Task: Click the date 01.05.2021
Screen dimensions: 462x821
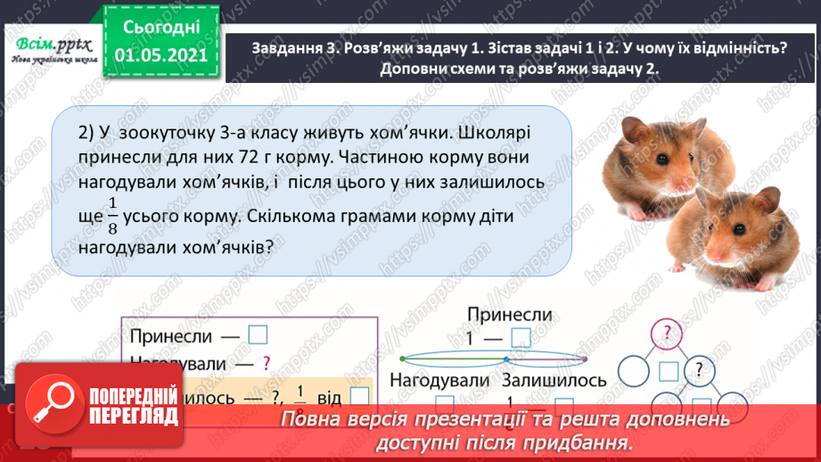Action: coord(161,56)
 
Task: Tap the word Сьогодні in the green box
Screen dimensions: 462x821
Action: coord(161,27)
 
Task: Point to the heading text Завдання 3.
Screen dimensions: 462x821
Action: coord(294,50)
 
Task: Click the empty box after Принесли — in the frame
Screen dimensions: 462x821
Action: coord(258,335)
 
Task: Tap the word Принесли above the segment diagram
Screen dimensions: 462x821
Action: coord(508,315)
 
